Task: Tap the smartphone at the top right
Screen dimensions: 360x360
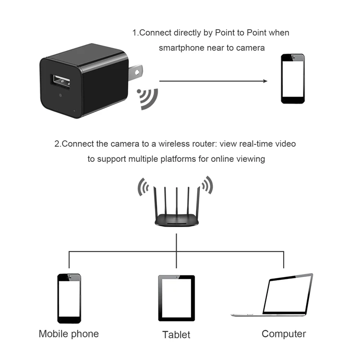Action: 293,79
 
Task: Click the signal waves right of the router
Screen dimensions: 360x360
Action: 207,185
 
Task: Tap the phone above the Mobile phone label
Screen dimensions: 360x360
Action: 69,298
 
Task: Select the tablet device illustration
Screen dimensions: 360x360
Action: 177,298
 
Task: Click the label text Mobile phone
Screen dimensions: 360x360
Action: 69,334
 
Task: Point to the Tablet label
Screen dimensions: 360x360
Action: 176,335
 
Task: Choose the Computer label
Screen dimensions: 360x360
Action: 284,334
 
